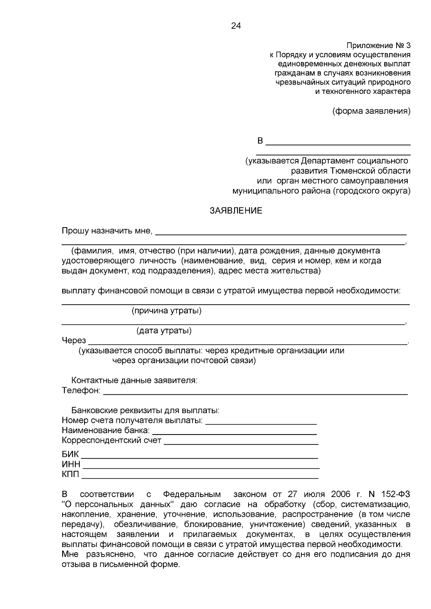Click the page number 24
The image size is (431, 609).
(x=236, y=26)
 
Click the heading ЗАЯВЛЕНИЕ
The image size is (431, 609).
(x=236, y=211)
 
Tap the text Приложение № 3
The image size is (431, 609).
(x=378, y=46)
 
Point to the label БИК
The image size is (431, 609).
(x=70, y=454)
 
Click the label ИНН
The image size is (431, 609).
(x=71, y=465)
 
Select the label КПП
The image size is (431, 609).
(x=70, y=475)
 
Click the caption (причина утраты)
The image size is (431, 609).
(x=166, y=310)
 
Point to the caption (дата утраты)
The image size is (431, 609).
(x=164, y=331)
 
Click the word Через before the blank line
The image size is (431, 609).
(x=74, y=340)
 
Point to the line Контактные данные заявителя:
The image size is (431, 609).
(x=134, y=380)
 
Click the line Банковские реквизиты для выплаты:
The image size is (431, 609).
(x=145, y=410)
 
